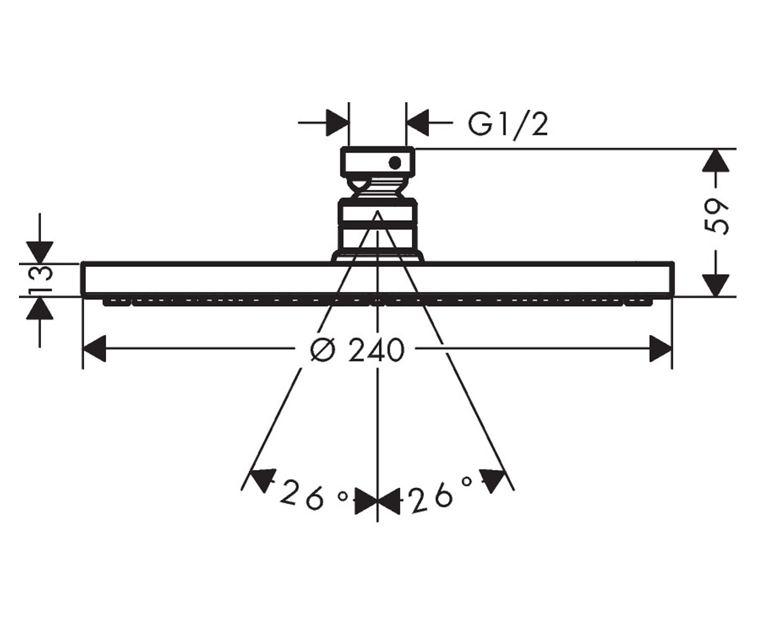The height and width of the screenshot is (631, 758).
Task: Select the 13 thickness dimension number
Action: (40, 280)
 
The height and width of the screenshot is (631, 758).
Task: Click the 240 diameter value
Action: (376, 350)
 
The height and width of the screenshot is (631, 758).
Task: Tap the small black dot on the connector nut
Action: (395, 162)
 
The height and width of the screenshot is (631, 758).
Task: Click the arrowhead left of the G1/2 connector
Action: (337, 123)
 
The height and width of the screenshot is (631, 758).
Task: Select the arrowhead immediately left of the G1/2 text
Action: (418, 123)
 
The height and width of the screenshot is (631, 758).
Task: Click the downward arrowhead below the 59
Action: (716, 285)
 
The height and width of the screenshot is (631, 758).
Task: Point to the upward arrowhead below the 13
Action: (40, 308)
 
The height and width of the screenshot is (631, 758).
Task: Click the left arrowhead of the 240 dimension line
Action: (94, 349)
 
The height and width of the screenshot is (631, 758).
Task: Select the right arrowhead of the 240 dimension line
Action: (661, 349)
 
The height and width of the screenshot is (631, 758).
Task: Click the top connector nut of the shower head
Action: (378, 162)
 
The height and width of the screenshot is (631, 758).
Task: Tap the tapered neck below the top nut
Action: (378, 188)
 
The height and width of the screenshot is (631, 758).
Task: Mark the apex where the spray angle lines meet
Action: (378, 211)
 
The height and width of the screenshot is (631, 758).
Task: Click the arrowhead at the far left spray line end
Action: (262, 480)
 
